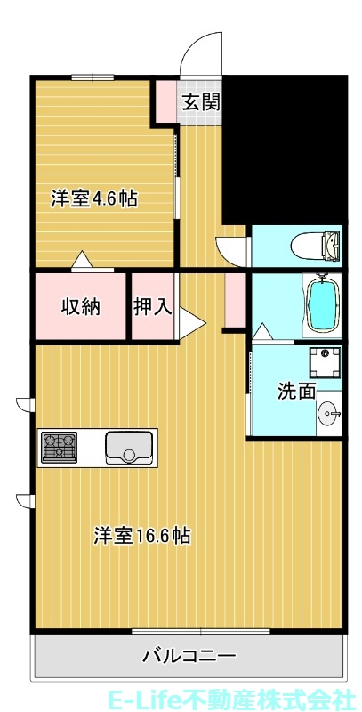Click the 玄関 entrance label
point(201,101)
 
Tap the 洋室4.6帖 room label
point(93,198)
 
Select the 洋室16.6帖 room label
point(142,536)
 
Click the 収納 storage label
point(80,307)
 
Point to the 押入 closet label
point(153,307)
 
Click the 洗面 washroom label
point(296,390)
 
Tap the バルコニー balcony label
point(189,657)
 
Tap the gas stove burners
point(60,444)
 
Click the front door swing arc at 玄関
point(199,53)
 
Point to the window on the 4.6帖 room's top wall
point(92,77)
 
